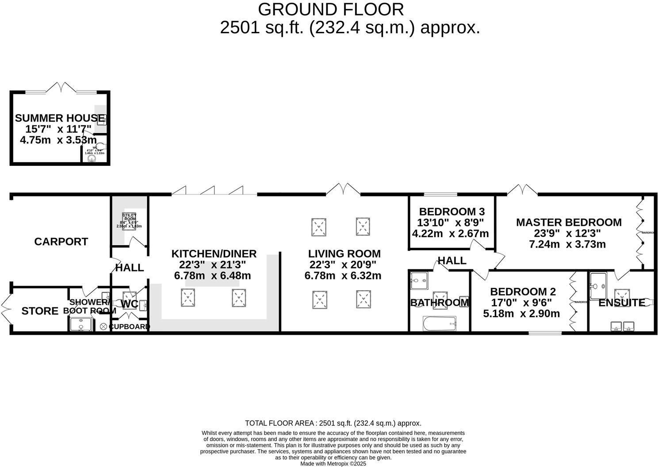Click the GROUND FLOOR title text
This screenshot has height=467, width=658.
(330, 9)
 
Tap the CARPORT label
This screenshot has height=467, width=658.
(61, 241)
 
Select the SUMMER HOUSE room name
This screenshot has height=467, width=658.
(59, 118)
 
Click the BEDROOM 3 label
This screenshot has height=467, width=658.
(451, 211)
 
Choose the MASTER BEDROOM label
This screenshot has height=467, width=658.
(569, 222)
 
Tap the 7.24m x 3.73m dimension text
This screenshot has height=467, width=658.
(567, 244)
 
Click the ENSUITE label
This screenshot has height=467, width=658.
(621, 303)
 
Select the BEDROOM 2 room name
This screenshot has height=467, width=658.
(523, 292)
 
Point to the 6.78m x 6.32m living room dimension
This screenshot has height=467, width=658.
(343, 276)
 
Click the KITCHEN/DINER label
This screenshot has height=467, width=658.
(214, 254)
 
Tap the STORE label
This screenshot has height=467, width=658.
(40, 311)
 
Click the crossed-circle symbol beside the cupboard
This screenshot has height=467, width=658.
(103, 326)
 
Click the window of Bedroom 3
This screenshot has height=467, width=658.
(440, 194)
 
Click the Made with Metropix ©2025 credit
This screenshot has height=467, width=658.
(333, 463)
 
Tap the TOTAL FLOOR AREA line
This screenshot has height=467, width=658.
(333, 423)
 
